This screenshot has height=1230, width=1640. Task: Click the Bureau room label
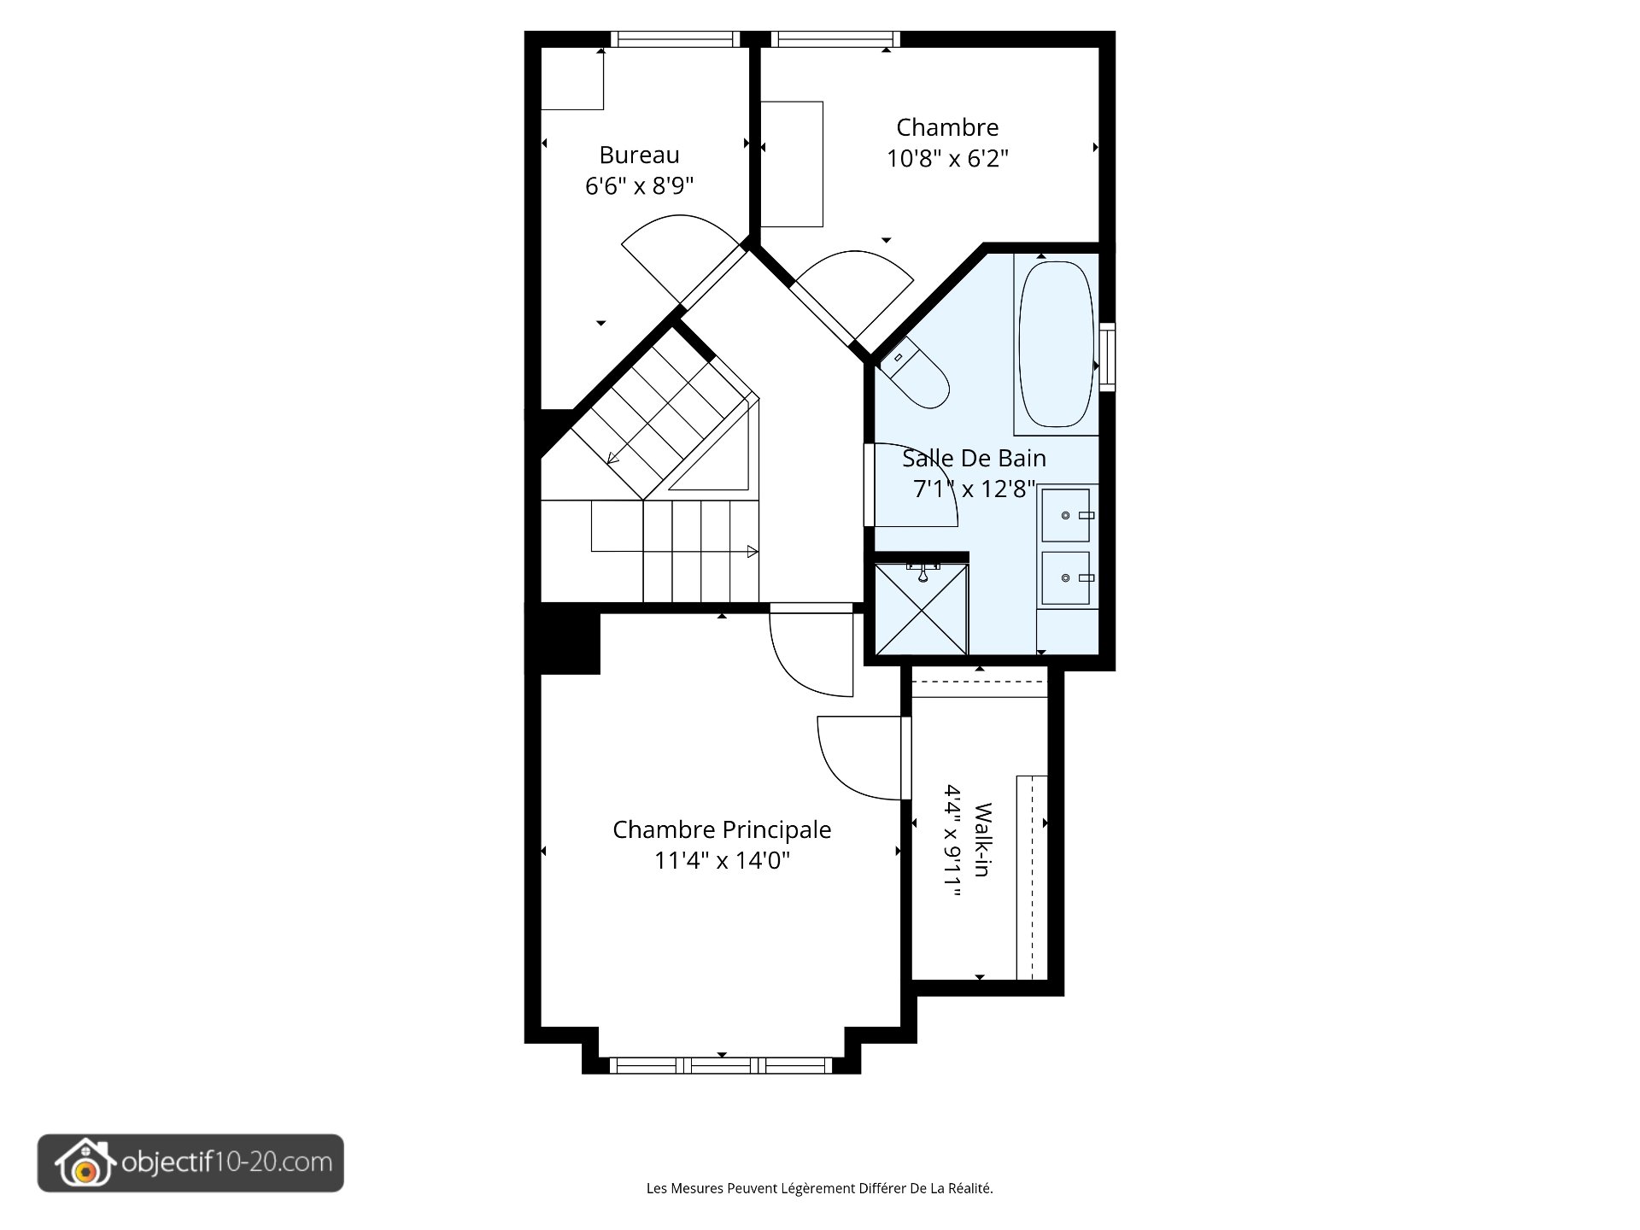coord(639,155)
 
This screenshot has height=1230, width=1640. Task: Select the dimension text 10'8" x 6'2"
coord(947,159)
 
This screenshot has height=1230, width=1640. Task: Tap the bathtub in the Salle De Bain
coord(1057,344)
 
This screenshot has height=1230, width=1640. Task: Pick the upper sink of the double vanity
coord(1065,515)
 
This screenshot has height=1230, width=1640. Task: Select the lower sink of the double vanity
coord(1065,578)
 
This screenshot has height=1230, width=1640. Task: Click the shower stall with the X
coord(922,610)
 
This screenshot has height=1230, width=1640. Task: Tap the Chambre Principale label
coord(722,829)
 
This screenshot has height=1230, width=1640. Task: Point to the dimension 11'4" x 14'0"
coord(722,860)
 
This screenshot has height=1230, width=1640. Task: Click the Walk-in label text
coord(983,840)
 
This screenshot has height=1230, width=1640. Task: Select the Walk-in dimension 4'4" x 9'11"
coord(953,840)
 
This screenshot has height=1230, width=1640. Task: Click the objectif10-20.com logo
coord(190,1163)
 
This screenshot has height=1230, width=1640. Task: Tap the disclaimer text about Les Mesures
coord(819,1188)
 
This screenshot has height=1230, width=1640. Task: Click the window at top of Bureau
coord(676,39)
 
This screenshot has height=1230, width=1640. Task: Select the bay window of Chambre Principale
coord(721,1065)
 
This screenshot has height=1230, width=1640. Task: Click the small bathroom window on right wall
coord(1107,356)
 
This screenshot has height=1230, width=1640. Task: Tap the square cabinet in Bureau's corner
coord(572,79)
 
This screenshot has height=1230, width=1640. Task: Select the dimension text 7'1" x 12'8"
coord(974,489)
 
